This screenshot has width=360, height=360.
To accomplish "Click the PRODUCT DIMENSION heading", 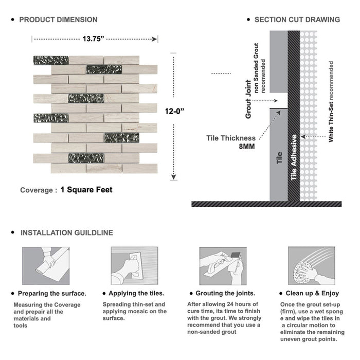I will pyautogui.click(x=58, y=20).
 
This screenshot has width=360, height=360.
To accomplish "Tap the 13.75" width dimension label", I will pyautogui.click(x=94, y=39).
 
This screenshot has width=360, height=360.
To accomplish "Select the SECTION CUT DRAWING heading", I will pyautogui.click(x=297, y=20).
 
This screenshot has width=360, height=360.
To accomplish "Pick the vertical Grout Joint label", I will pyautogui.click(x=248, y=99).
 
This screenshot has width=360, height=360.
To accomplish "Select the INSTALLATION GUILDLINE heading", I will pyautogui.click(x=66, y=232).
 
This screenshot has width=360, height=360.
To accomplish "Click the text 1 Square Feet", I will pyautogui.click(x=86, y=190).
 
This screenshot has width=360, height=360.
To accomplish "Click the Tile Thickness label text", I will pyautogui.click(x=231, y=138).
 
